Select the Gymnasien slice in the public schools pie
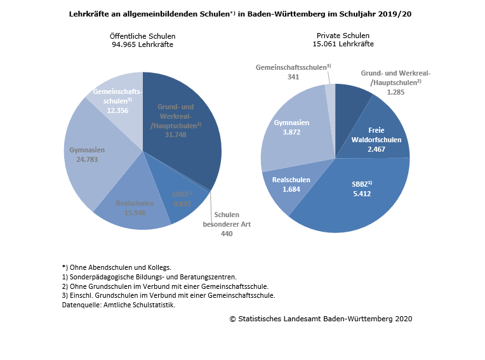click(95, 159)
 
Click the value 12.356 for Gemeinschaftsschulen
click(117, 110)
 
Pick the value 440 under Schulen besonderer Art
click(227, 234)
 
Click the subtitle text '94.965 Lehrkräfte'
click(142, 44)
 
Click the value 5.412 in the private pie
click(362, 194)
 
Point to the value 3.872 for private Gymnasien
click(291, 131)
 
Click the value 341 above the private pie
click(293, 77)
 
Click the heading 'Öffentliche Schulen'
click(142, 36)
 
